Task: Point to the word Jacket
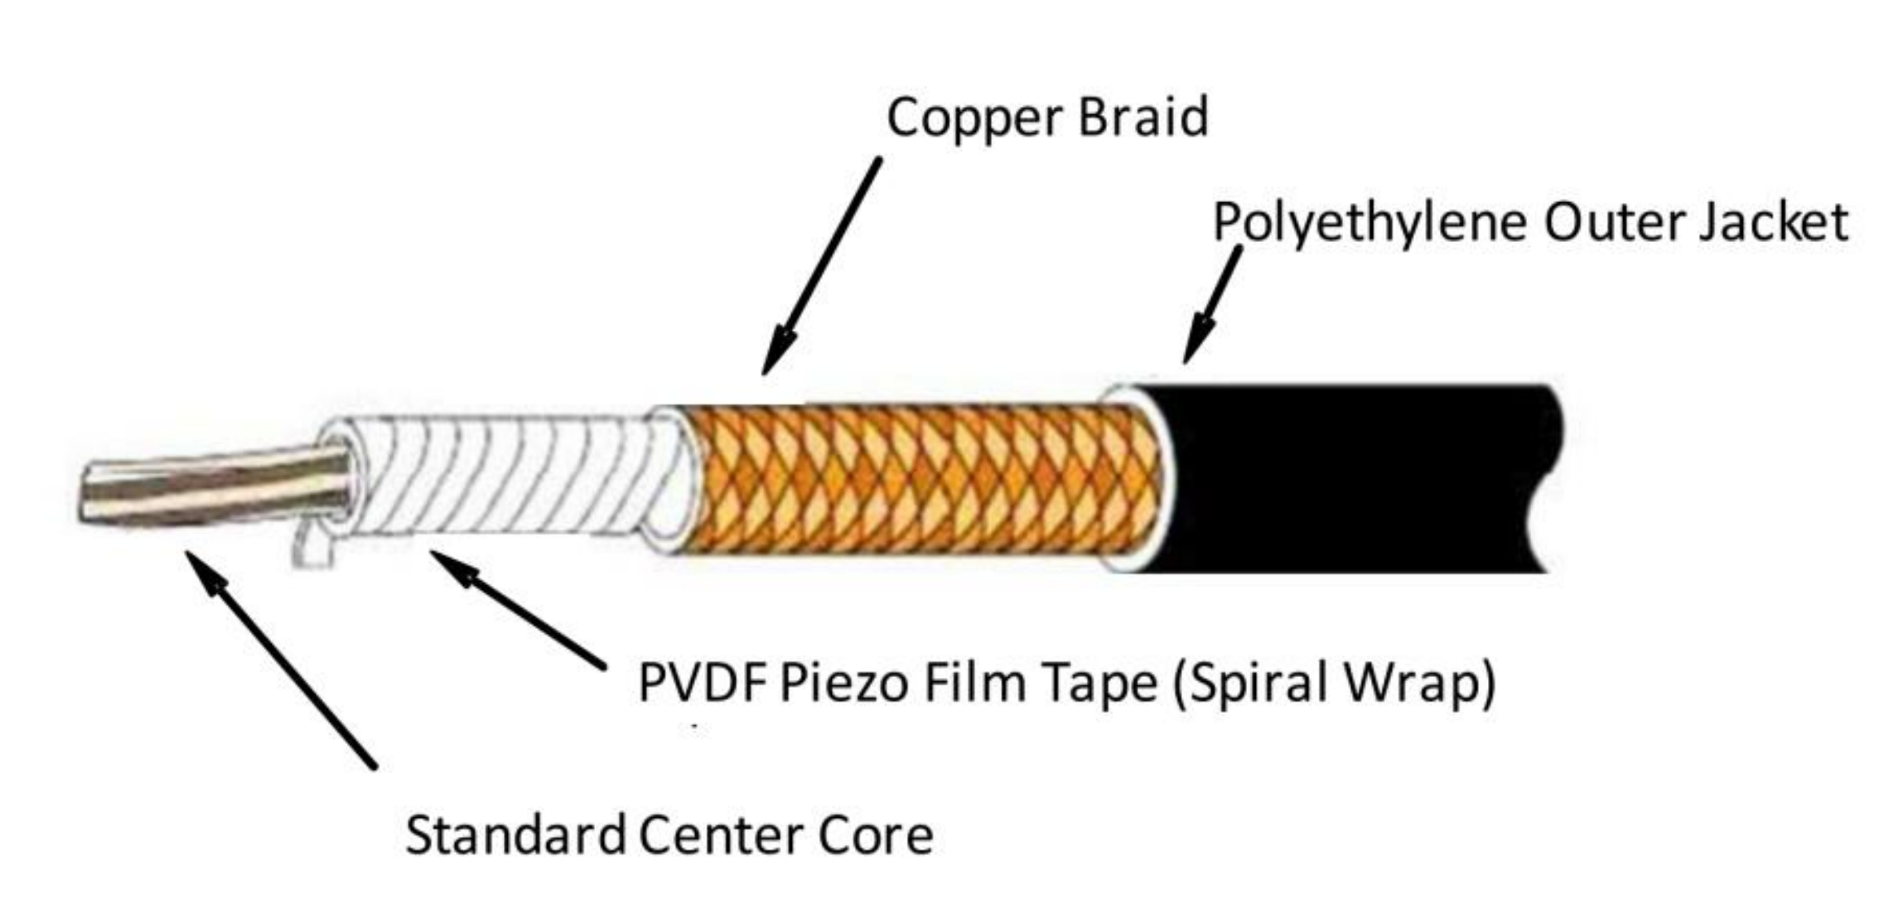click(x=1774, y=224)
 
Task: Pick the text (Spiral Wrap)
click(x=1335, y=684)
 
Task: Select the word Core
click(x=877, y=835)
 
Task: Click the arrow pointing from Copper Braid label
click(x=821, y=265)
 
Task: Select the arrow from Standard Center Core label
click(x=281, y=660)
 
